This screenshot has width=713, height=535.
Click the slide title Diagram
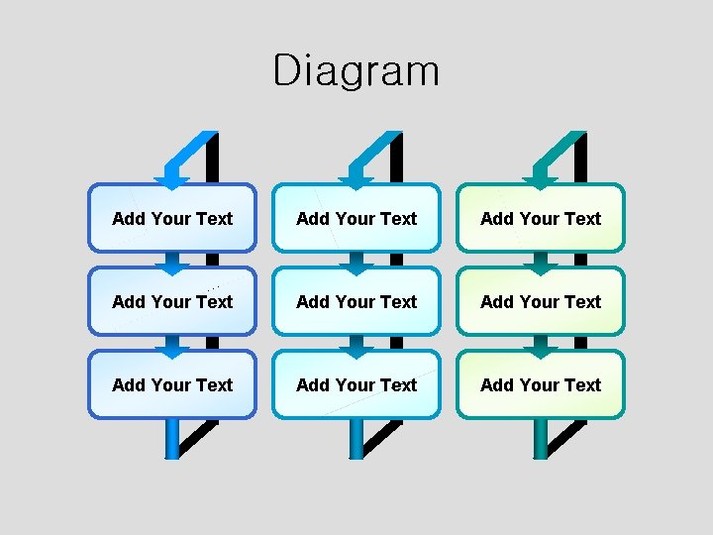(356, 71)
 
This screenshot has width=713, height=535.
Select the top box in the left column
(172, 218)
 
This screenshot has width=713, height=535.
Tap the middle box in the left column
(172, 301)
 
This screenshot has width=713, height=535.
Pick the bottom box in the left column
(172, 384)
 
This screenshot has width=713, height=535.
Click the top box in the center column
(356, 218)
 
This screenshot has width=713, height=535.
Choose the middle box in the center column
(356, 301)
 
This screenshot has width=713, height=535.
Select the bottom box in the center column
(356, 384)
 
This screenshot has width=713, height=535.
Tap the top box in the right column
(541, 218)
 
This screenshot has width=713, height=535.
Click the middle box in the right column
(541, 301)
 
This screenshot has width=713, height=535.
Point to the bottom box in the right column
(541, 384)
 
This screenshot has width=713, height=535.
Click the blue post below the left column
(172, 438)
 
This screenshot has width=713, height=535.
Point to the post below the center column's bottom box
(356, 438)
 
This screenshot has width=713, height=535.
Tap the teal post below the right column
(541, 438)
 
